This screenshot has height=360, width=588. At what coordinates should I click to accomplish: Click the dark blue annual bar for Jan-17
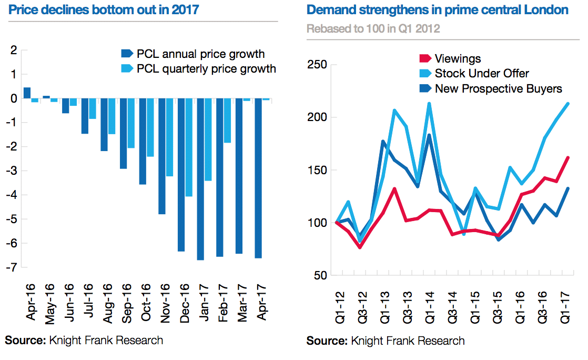point(200,179)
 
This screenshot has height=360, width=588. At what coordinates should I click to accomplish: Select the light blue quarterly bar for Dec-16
point(188,147)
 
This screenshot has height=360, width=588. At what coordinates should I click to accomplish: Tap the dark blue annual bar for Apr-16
point(27,93)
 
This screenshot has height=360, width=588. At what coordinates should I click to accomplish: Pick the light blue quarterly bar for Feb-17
point(227,121)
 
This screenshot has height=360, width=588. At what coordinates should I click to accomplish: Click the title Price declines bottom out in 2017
point(104,9)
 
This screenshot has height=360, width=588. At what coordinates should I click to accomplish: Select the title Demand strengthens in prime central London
point(437,9)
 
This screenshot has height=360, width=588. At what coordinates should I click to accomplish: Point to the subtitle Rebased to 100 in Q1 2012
point(373,29)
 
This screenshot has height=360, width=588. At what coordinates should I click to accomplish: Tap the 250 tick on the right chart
point(317,65)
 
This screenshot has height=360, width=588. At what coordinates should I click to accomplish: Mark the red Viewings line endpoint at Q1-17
point(568,157)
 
